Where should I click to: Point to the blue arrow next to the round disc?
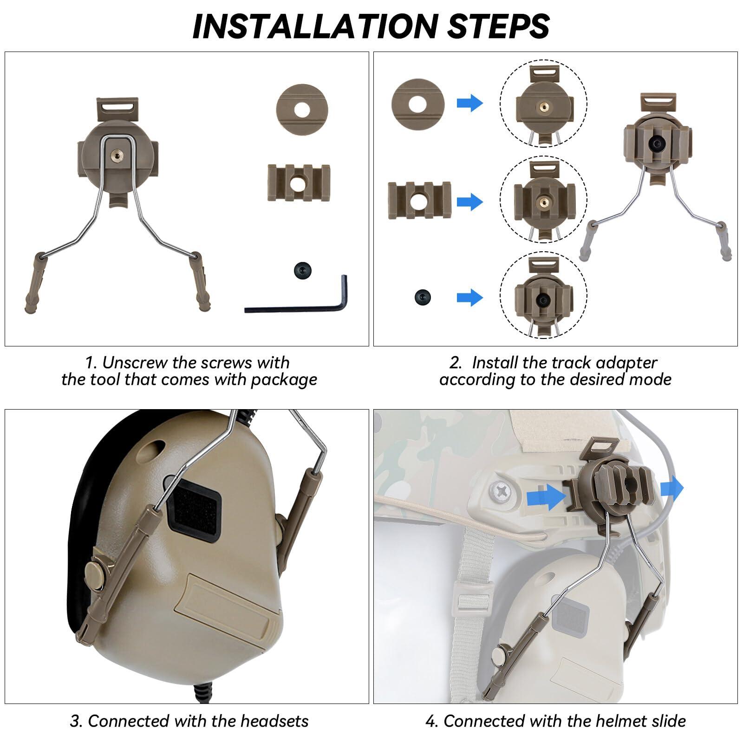[x=470, y=103]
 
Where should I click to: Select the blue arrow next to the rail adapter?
[x=470, y=202]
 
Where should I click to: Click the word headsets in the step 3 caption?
[x=274, y=721]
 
